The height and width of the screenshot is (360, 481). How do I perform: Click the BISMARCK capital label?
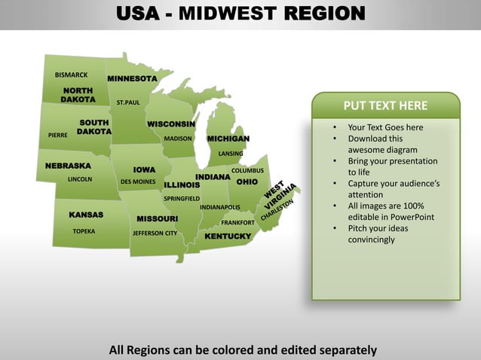[72, 75]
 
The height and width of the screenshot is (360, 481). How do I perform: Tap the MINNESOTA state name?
[132, 79]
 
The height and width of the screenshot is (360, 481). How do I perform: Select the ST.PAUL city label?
[128, 102]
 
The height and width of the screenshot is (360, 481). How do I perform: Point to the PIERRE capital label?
[58, 136]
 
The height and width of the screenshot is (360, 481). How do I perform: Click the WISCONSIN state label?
[171, 124]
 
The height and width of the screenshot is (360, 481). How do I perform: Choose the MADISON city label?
[178, 139]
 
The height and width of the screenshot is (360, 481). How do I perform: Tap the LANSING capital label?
[231, 154]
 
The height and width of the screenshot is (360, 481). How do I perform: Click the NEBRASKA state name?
[68, 166]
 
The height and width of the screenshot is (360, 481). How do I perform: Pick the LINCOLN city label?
[80, 180]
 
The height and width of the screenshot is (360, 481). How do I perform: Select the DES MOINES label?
[138, 182]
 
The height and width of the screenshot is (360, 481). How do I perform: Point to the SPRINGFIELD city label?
[182, 199]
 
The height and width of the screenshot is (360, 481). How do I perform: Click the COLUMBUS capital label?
[247, 171]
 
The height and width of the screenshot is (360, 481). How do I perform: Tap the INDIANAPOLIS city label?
[220, 207]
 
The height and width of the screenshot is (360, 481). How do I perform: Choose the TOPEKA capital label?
[84, 231]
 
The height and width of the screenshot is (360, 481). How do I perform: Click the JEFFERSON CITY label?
[155, 233]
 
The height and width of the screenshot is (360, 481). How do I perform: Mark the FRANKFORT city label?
[237, 223]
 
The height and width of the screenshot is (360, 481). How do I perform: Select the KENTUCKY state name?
[228, 236]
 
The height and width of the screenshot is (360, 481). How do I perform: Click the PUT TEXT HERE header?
[385, 105]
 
